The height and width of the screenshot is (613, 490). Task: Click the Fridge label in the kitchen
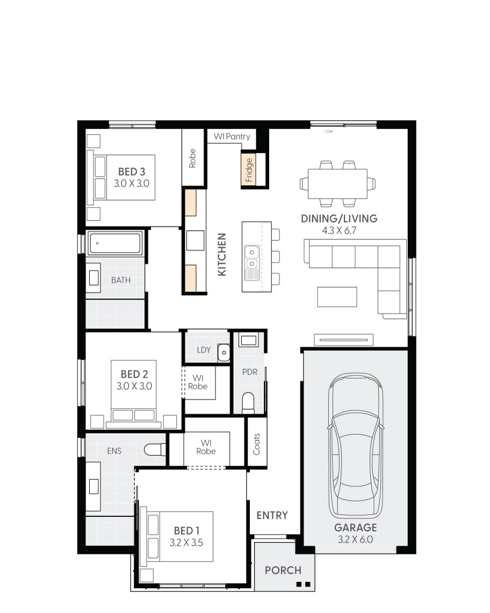point(249,170)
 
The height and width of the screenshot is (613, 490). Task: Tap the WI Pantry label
point(232,137)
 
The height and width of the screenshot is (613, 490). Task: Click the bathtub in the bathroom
point(115,243)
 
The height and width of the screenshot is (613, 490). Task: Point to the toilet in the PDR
point(248,403)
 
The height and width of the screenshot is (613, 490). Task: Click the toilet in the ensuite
point(156,449)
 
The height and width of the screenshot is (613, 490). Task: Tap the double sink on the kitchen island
point(250,257)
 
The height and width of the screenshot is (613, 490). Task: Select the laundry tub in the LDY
point(224,352)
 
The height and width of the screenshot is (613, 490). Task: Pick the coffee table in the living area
point(337,297)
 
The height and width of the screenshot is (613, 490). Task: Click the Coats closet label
point(256,444)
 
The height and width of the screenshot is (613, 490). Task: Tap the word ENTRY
point(272,515)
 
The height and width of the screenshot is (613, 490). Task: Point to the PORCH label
point(283,571)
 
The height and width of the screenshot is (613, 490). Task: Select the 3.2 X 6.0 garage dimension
point(355,539)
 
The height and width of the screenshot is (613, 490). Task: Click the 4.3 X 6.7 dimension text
point(339,230)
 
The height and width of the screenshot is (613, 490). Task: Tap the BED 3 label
point(132,172)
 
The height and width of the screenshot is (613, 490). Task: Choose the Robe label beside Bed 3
point(192,158)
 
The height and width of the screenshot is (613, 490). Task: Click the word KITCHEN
point(222,254)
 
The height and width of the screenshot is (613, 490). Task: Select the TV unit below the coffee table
point(343,339)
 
